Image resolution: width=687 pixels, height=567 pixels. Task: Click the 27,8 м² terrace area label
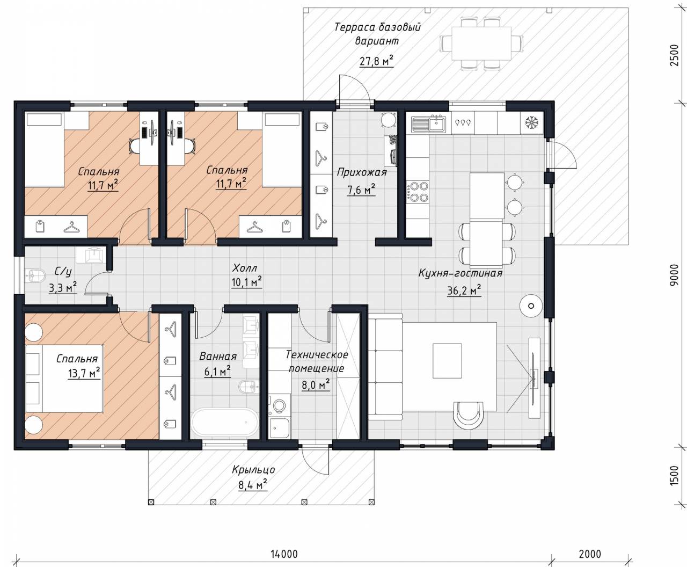(376, 61)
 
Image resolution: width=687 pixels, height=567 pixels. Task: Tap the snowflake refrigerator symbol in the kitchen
(530, 122)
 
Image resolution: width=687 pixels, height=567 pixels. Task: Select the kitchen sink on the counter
(428, 123)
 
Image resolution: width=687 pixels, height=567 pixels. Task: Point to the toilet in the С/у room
(35, 275)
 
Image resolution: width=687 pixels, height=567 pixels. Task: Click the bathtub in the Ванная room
(224, 423)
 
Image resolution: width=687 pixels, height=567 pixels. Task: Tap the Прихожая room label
(362, 172)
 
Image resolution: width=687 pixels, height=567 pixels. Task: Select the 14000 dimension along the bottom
(284, 554)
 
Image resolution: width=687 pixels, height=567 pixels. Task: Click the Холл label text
(244, 268)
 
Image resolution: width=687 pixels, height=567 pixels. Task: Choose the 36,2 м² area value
(464, 290)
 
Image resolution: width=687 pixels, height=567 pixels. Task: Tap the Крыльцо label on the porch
(253, 470)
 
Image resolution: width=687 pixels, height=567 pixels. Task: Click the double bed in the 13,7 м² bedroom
(64, 378)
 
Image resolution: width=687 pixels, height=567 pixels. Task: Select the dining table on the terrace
(481, 43)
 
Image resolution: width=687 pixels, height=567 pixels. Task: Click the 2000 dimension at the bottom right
(590, 554)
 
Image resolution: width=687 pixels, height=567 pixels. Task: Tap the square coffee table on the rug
(447, 361)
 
